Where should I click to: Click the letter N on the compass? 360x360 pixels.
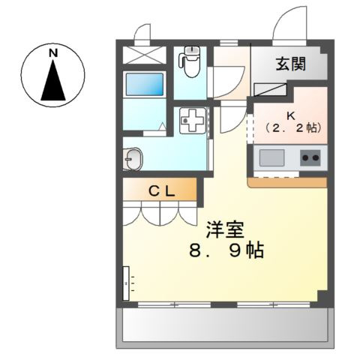[x=52, y=52]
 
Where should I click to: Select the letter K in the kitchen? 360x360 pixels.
[x=290, y=116]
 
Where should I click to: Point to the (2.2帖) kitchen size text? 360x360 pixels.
[x=290, y=128]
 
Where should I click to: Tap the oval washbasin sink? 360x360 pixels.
[x=133, y=160]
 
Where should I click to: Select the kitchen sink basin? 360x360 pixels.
[x=271, y=157]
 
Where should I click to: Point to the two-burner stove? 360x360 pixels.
[x=310, y=157]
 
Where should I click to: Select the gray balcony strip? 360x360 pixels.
[x=221, y=327]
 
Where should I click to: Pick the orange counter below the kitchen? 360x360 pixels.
[x=287, y=182]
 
